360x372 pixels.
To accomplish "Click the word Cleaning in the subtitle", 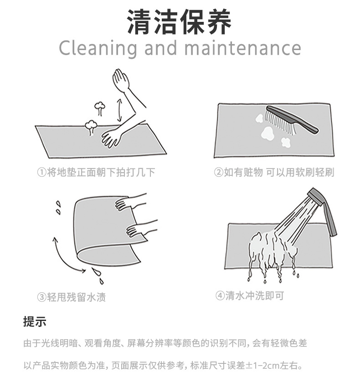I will [x=98, y=48].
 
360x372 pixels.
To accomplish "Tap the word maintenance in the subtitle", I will [x=242, y=48].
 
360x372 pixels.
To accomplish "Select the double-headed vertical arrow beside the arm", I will [x=120, y=111].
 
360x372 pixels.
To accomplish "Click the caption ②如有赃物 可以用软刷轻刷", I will [x=274, y=172].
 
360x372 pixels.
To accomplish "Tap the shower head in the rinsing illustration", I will [x=324, y=207].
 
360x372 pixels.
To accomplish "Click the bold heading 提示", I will [x=35, y=322].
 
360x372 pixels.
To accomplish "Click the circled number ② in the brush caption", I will [x=219, y=172].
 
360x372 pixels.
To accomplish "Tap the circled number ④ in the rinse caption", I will [x=220, y=296].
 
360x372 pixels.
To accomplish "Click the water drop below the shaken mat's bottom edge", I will [x=97, y=273].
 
